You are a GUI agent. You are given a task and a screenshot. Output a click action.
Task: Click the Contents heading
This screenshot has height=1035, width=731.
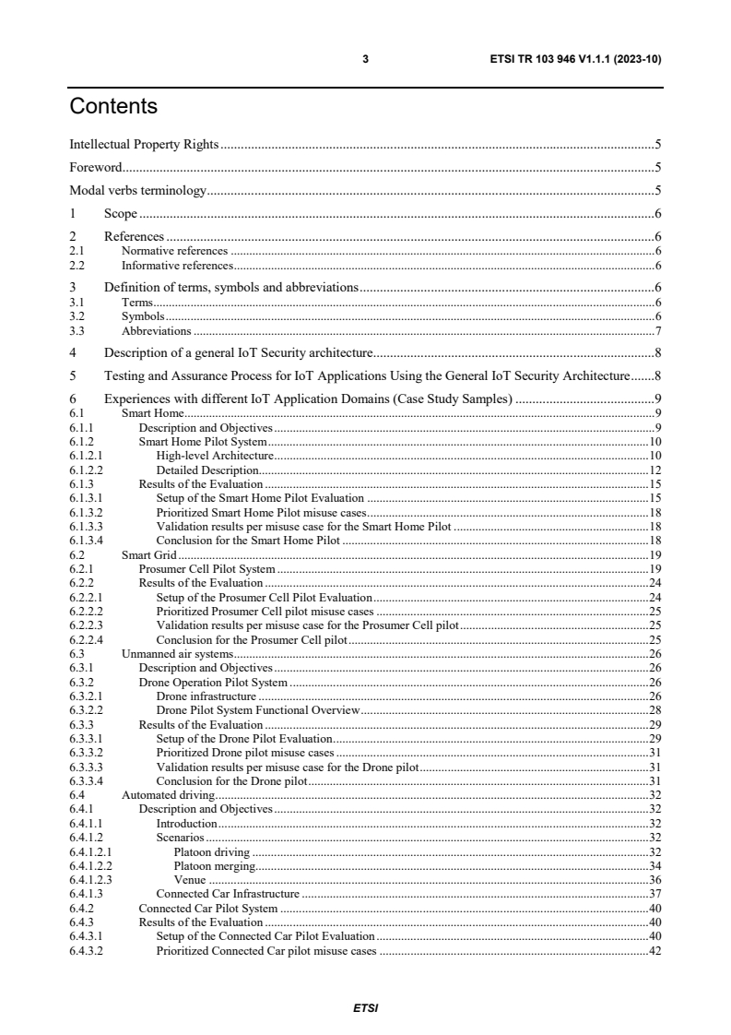click(113, 107)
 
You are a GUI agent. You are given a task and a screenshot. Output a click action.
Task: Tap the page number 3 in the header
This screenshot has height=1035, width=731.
click(365, 59)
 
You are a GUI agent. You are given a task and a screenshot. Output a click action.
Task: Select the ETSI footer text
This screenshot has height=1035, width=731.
click(365, 1007)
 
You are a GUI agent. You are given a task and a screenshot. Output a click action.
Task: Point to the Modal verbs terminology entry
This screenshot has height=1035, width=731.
click(138, 191)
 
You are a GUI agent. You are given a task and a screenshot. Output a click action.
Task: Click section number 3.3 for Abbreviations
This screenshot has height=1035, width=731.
click(77, 330)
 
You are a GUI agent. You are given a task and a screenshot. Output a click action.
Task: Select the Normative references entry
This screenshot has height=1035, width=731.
click(174, 250)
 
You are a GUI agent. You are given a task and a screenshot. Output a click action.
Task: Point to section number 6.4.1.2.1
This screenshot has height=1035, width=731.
click(90, 852)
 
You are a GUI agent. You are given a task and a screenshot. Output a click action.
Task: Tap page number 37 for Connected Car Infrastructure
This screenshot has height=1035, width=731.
click(655, 894)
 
